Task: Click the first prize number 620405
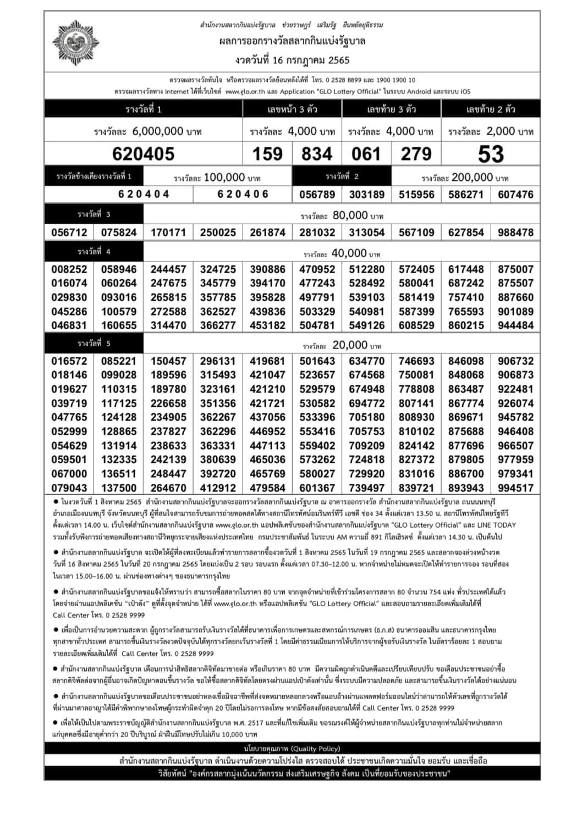tap(143, 154)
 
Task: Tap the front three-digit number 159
tap(267, 154)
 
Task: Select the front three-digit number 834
tap(317, 154)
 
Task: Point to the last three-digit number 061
tap(366, 154)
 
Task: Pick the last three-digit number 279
tap(416, 154)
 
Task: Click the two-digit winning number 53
tap(491, 154)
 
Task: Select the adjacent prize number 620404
tap(144, 194)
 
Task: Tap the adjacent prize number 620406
tap(243, 194)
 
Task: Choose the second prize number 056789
tap(317, 195)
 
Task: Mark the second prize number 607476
tap(515, 195)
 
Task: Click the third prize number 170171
tap(168, 232)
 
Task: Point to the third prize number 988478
tap(515, 232)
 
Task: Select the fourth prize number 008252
tap(69, 269)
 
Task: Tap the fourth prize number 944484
tap(515, 325)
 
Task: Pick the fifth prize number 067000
tap(69, 474)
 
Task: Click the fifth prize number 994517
tap(515, 488)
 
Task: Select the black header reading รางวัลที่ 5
tap(94, 344)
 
